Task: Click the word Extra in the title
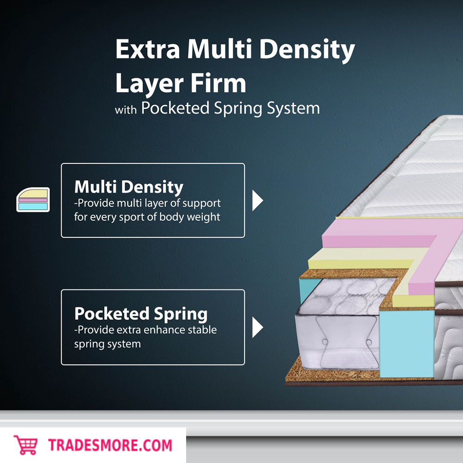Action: pos(145,50)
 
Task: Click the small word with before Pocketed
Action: pos(125,110)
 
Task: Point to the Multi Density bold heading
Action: pos(129,187)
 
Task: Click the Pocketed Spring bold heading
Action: pos(141,313)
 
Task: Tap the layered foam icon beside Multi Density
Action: pos(33,200)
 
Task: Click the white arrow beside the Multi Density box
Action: pos(257,200)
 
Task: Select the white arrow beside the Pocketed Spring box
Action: pos(257,328)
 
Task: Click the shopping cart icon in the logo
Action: pos(25,445)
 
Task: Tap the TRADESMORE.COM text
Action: pos(110,445)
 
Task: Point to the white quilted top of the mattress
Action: pos(417,176)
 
